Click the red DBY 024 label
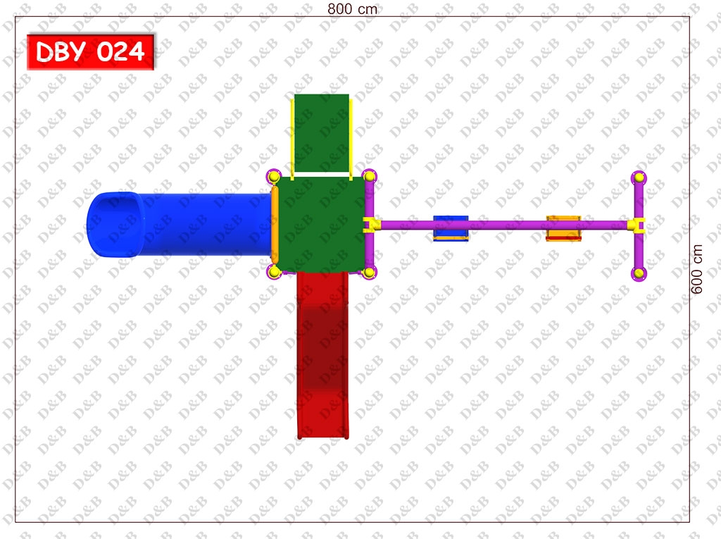click(x=91, y=51)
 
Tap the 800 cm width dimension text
click(x=352, y=8)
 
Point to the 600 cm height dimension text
click(x=697, y=269)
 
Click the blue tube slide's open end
click(x=115, y=224)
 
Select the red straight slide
click(x=322, y=355)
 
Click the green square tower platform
click(x=320, y=224)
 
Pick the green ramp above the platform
click(x=321, y=133)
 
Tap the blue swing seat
click(x=451, y=228)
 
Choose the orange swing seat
click(x=563, y=228)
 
